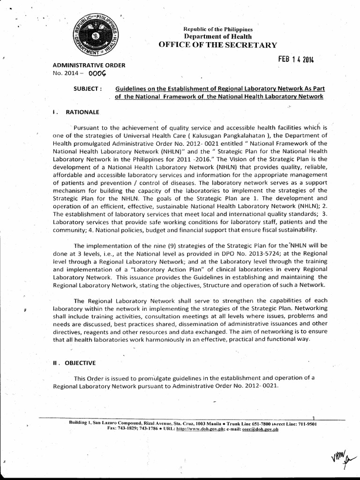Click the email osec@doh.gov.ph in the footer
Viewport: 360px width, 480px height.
257,429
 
